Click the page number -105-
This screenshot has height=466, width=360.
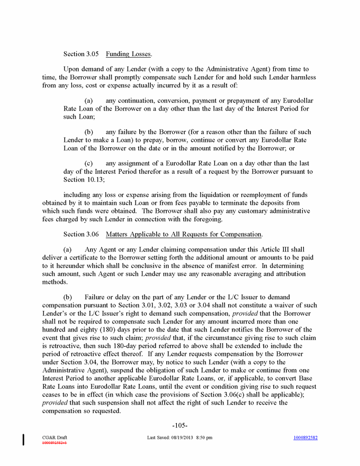(x=180, y=425)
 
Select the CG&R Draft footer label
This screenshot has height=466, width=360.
(x=55, y=437)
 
